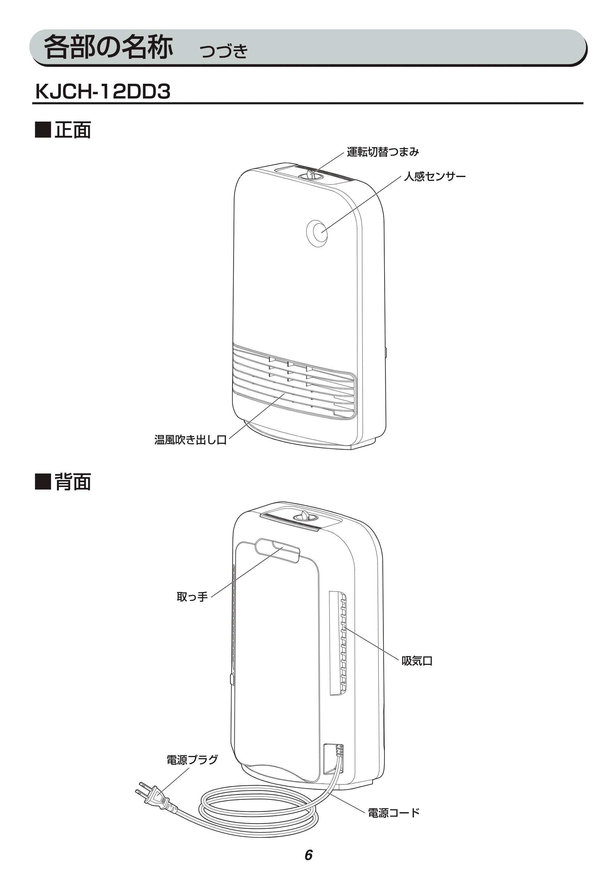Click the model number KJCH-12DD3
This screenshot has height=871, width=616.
(103, 91)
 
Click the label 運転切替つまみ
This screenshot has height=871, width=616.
(383, 152)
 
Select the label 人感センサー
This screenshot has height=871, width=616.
(435, 176)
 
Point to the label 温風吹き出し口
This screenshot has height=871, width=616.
(191, 440)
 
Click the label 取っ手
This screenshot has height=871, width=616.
(192, 597)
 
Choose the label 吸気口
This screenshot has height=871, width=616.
(417, 661)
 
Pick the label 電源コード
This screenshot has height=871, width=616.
(394, 813)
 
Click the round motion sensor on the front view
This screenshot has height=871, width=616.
(317, 233)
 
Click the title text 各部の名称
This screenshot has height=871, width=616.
(108, 47)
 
